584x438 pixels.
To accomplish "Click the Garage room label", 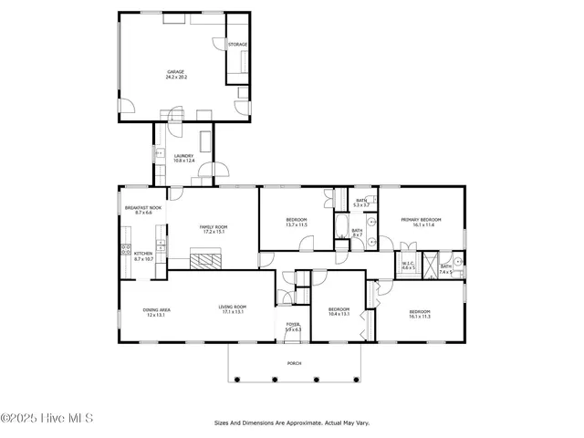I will click(x=174, y=75).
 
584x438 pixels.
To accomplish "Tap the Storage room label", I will click(x=237, y=45).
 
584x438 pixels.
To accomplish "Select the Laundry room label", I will click(x=183, y=159).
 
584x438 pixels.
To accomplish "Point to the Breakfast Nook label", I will click(x=143, y=210).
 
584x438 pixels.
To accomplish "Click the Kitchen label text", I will click(x=143, y=257).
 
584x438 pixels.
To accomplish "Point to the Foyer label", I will click(x=293, y=327).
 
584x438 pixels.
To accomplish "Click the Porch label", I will click(x=294, y=362).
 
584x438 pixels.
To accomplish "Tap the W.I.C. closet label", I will click(x=409, y=266).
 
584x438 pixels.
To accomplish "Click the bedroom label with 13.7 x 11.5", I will click(x=297, y=222).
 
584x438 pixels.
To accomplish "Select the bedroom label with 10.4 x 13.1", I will click(x=339, y=312).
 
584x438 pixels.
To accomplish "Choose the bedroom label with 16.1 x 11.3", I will click(x=420, y=315).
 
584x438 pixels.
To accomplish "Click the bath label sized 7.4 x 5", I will click(x=446, y=269).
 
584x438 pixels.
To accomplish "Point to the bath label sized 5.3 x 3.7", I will click(x=361, y=203).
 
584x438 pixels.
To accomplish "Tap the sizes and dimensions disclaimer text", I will click(x=292, y=423).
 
